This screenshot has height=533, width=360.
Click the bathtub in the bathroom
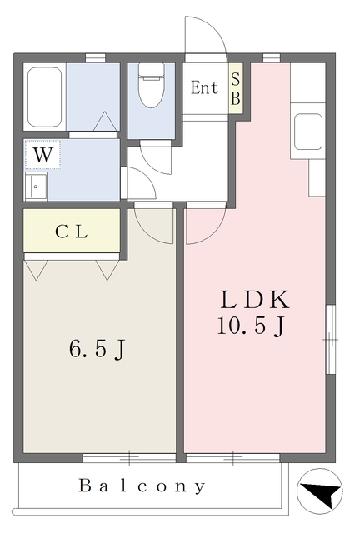[x=44, y=97]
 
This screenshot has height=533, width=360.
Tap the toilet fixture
[x=152, y=85]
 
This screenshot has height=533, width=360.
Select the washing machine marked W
[x=42, y=155]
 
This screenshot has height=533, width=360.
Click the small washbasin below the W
[x=36, y=187]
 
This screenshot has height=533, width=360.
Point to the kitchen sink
[x=308, y=132]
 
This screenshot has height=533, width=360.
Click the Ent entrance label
[x=204, y=87]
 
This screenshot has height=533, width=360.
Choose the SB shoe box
[x=236, y=89]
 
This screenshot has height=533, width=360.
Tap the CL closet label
[x=72, y=232]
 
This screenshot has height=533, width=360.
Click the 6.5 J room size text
[x=97, y=349]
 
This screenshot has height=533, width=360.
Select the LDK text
[x=255, y=300]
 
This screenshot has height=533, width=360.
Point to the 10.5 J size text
[x=251, y=326]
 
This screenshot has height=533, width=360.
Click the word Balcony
[x=142, y=486]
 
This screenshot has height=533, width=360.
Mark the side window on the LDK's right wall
[x=330, y=339]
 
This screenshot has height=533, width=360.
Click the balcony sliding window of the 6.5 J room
[x=129, y=457]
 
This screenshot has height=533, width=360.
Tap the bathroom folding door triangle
[x=105, y=122]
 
